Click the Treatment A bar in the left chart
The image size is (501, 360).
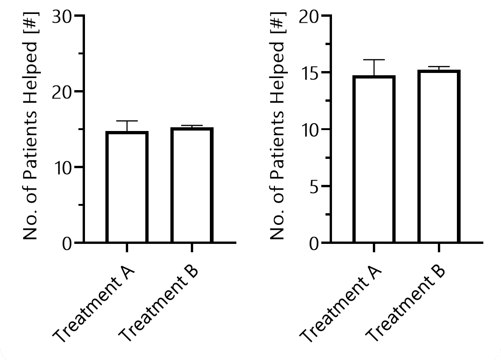tap(127, 187)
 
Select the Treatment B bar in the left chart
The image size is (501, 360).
tap(191, 185)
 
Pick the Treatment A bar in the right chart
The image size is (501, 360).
tap(374, 159)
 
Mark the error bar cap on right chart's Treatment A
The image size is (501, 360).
tap(374, 59)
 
